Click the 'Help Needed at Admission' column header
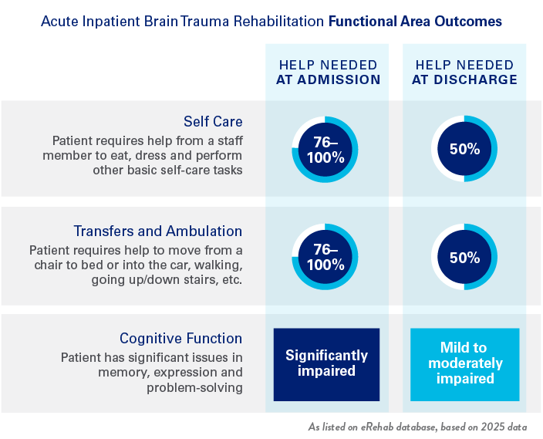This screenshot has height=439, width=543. coord(329,72)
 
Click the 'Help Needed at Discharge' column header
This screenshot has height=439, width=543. coord(464,72)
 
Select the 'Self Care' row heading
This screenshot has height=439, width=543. coord(213,122)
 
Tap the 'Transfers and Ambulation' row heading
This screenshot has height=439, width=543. coord(158,231)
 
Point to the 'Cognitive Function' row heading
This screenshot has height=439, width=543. coord(180,339)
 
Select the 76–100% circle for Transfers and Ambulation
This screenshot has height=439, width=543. coord(325,258)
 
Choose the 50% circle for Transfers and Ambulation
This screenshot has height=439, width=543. coord(464,258)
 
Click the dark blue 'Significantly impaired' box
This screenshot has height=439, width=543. coord(327,364)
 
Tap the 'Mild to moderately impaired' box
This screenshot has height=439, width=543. coord(464,364)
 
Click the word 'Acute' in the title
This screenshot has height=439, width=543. coord(57,22)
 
